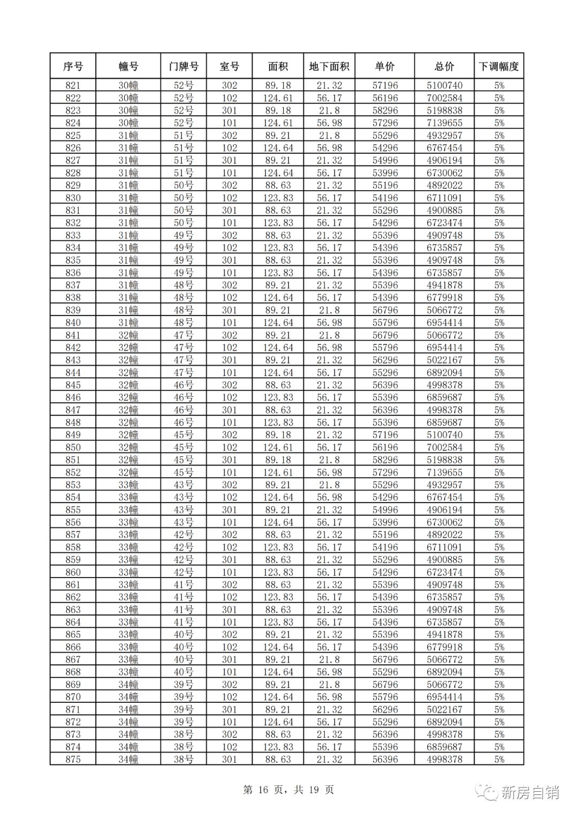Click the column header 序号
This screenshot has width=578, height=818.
tap(73, 66)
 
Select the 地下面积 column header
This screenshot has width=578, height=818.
tap(329, 66)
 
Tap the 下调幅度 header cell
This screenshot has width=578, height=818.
tap(499, 66)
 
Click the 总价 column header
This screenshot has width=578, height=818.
tap(444, 66)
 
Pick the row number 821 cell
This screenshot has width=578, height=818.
tap(73, 86)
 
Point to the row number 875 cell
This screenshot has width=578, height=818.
tap(73, 759)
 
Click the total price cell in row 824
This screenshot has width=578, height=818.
tap(444, 123)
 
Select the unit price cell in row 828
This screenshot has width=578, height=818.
tap(385, 173)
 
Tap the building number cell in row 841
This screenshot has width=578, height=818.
tap(128, 335)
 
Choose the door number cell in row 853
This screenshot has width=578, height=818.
tap(184, 485)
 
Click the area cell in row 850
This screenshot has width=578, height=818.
tap(278, 447)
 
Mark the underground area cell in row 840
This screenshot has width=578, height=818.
tap(329, 322)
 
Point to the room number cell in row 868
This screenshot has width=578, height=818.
tap(229, 672)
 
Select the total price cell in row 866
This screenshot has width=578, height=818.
tap(444, 647)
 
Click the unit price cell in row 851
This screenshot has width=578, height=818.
tap(385, 460)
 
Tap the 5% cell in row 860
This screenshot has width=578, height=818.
tap(499, 572)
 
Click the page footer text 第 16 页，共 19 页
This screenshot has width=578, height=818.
tap(288, 790)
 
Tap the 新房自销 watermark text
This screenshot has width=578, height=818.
tap(530, 792)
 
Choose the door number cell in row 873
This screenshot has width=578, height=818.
tap(184, 734)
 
